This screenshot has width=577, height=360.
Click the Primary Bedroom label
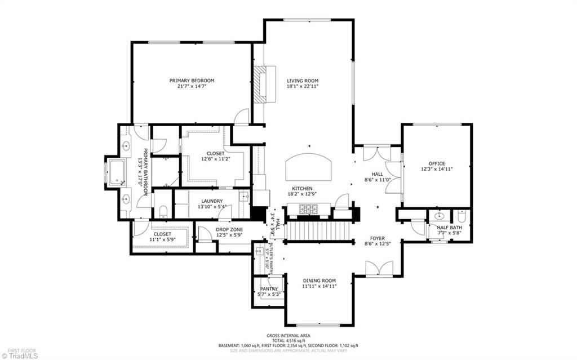click(x=192, y=81)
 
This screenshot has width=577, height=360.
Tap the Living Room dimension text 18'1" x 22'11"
click(x=303, y=86)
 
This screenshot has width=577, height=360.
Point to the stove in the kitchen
click(x=309, y=210)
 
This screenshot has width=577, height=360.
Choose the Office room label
click(x=436, y=164)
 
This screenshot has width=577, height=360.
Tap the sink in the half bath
click(x=439, y=216)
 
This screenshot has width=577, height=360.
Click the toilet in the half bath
click(x=461, y=216)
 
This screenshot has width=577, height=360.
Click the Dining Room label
click(x=319, y=281)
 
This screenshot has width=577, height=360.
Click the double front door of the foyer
click(x=379, y=269)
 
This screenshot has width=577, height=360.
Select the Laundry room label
click(x=210, y=201)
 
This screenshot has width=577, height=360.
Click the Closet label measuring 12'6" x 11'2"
click(x=215, y=153)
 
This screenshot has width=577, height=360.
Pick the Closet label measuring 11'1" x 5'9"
click(x=162, y=234)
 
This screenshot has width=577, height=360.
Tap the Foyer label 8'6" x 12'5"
click(x=377, y=238)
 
